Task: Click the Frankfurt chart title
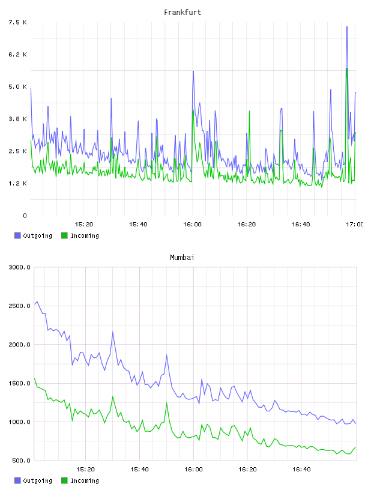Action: [x=182, y=13]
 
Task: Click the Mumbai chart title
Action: [x=182, y=258]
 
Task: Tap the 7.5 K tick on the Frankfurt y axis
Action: [x=18, y=22]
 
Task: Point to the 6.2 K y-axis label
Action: [x=18, y=55]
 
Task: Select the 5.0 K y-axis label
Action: [x=18, y=86]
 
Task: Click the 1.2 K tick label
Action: [x=18, y=183]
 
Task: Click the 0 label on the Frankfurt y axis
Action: [x=25, y=216]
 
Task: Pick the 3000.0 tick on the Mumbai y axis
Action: [x=20, y=267]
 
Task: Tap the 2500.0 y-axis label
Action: [x=20, y=306]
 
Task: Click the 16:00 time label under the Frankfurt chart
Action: [x=192, y=225]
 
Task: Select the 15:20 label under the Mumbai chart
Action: [x=85, y=470]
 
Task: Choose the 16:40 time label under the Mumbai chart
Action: [x=301, y=470]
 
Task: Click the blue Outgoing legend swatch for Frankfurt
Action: [x=17, y=235]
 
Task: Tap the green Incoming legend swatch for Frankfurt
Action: [x=64, y=235]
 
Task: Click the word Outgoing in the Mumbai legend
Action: [x=37, y=480]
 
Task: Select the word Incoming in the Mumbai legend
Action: [x=85, y=480]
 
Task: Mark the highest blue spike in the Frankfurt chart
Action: [x=347, y=27]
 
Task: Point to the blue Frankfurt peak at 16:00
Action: [x=193, y=71]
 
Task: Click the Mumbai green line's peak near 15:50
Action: [x=166, y=403]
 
